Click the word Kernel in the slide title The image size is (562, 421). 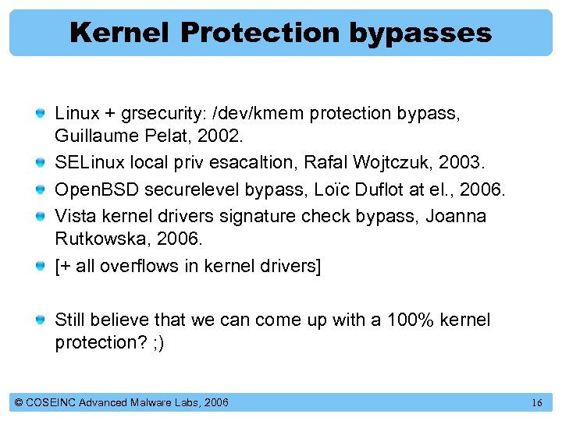(120, 33)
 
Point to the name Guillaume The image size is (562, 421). (92, 136)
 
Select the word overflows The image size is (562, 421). (135, 265)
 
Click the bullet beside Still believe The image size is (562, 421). (40, 320)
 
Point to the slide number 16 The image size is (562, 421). (536, 402)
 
